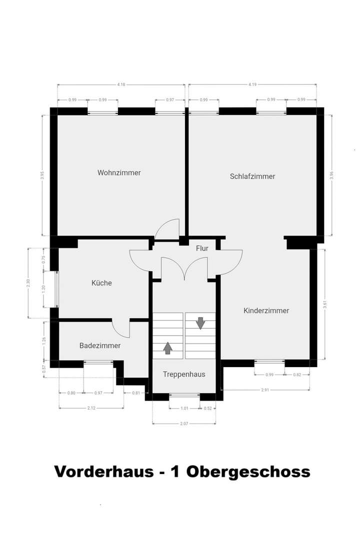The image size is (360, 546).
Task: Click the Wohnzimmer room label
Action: pos(119,173)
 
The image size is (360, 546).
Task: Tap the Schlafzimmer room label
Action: pos(252,176)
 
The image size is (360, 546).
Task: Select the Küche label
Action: pos(101,283)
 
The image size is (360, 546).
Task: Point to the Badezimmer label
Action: pos(100,345)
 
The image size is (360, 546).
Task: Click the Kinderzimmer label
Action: pos(266,310)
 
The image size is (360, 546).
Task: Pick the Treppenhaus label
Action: pos(184,374)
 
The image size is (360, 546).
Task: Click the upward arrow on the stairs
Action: pos(167,348)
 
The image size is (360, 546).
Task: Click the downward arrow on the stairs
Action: pos(200,323)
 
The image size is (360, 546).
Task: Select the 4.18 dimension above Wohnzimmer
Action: pos(121,85)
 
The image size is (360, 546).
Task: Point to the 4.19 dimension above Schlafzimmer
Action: pos(252,85)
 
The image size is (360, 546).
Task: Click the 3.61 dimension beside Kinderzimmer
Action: pos(325,304)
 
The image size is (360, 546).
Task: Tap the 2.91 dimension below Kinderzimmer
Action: pos(265,390)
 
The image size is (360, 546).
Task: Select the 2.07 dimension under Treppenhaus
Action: pos(184,424)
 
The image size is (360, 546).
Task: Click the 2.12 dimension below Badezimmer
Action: pos(91,408)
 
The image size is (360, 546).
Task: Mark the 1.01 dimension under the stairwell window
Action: pos(184,408)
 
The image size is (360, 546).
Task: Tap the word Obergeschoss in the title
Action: pos(248,472)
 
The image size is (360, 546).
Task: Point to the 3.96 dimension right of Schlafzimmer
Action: pos(331,175)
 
